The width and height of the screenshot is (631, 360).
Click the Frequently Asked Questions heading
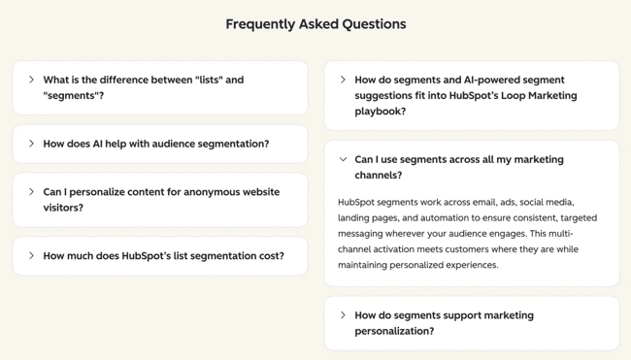(x=315, y=24)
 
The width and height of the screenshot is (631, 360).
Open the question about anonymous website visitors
(x=161, y=199)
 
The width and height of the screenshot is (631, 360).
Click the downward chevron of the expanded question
(x=343, y=159)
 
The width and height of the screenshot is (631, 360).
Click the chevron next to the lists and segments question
(x=31, y=80)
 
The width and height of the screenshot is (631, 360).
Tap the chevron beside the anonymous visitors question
(x=31, y=191)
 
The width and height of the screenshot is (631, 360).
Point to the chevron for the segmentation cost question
(x=31, y=256)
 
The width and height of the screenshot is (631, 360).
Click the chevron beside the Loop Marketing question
(x=343, y=80)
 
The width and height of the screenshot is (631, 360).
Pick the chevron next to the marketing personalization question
(x=343, y=314)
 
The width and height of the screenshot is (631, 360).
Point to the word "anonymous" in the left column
(x=210, y=192)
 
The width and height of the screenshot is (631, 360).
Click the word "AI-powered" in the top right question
(x=479, y=80)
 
